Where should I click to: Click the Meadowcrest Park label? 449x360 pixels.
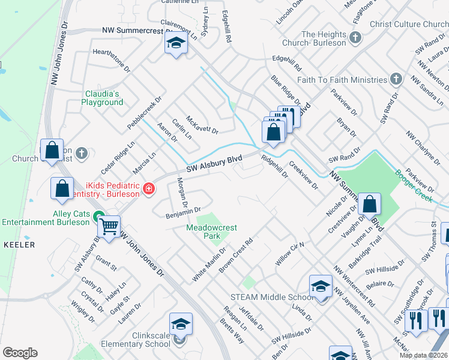click(211, 232)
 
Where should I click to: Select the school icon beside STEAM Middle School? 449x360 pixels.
click(321, 287)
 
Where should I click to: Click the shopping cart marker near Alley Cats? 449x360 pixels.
click(109, 227)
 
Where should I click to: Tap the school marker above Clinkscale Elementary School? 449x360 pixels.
click(181, 325)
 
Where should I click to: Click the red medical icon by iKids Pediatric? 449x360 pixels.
click(148, 190)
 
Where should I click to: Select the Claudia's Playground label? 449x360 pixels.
click(102, 98)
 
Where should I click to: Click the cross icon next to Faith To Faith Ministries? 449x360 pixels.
click(396, 79)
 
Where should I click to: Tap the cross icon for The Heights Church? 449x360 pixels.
click(355, 38)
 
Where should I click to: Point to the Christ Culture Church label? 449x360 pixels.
click(409, 24)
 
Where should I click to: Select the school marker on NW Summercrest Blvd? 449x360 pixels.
click(176, 43)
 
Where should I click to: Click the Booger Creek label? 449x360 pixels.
click(414, 184)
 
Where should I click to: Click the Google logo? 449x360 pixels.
click(20, 353)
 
